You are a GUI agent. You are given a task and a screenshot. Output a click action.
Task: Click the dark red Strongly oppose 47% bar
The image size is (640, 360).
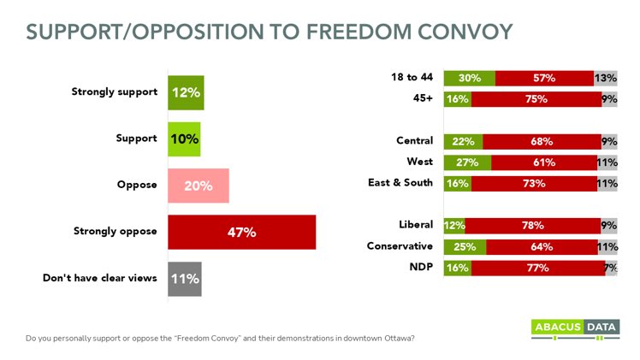tap(241, 232)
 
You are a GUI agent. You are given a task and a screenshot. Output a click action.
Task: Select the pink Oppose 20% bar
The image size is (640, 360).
tap(198, 186)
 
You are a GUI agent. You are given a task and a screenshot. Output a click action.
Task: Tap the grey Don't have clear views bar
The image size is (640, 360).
tap(184, 278)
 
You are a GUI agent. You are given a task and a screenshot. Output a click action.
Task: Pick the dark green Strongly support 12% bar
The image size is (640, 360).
tap(185, 93)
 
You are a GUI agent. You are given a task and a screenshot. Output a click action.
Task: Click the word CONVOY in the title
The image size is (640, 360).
tap(453, 32)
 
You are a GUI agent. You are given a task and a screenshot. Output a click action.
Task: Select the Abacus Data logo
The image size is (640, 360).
tap(574, 330)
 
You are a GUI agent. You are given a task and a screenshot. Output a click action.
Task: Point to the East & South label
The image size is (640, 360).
tap(402, 181)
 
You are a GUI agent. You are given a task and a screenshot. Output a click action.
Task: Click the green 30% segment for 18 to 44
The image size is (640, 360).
tap(469, 78)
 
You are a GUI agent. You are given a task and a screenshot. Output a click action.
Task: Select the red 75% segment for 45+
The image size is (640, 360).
tap(536, 98)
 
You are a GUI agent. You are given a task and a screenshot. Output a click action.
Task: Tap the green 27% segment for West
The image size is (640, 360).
tap(467, 161)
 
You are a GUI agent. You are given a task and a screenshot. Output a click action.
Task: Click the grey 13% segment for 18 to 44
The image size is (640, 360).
tap(606, 78)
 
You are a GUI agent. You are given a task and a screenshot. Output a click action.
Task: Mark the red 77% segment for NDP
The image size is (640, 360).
tap(537, 268)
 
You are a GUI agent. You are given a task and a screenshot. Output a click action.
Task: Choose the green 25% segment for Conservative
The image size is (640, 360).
tap(465, 247)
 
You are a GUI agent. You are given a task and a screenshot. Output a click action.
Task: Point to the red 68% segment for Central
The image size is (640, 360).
tap(542, 140)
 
